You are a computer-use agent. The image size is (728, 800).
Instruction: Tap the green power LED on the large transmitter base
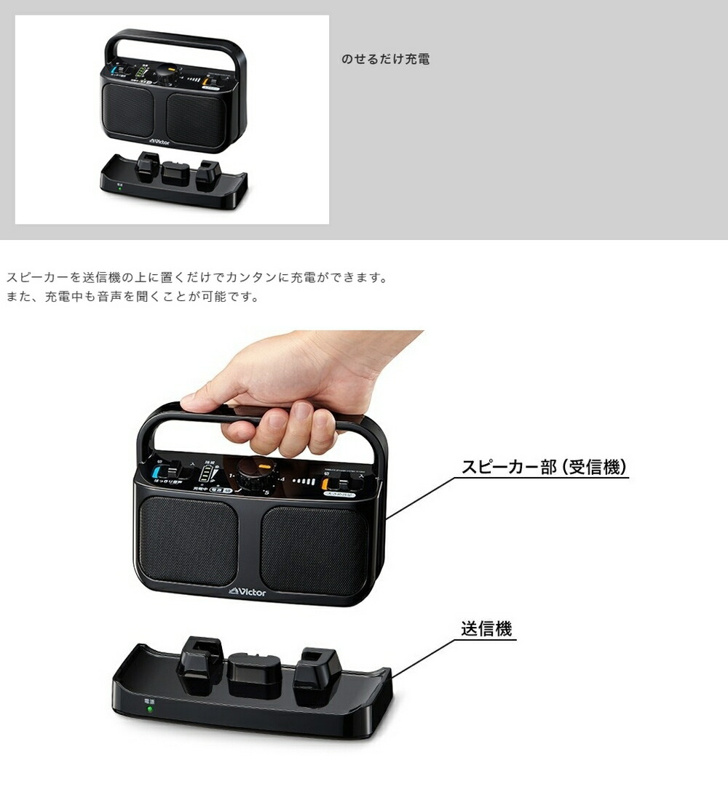coord(150,709)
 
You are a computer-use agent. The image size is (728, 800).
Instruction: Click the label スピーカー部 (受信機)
coord(544,467)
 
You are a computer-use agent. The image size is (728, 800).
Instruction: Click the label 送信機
coord(486,628)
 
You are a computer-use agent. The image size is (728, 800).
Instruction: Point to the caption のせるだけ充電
coord(385,59)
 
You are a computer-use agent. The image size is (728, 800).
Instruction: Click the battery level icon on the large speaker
coord(209,476)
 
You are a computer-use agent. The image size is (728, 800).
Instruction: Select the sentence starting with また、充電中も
coord(132,297)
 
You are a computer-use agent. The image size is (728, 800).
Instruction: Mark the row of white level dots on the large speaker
coord(303,481)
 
